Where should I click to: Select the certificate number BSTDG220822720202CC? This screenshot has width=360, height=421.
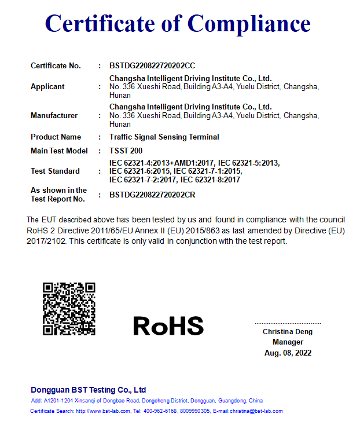click(x=152, y=66)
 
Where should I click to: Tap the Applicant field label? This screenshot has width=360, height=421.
click(x=47, y=87)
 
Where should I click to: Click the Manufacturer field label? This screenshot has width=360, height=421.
click(x=54, y=116)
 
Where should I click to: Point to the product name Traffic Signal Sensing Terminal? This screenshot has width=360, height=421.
click(x=164, y=137)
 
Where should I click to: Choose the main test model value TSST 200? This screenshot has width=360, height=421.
click(x=126, y=151)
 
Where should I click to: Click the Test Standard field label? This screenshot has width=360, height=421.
click(x=55, y=171)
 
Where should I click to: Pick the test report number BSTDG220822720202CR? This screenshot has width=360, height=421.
click(x=152, y=195)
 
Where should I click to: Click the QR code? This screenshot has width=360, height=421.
click(x=69, y=308)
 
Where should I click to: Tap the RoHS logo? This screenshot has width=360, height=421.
click(x=168, y=326)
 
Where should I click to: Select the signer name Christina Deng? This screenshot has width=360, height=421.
click(x=288, y=332)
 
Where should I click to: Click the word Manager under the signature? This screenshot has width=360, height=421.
click(x=288, y=342)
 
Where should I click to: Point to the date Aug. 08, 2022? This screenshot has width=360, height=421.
click(x=288, y=353)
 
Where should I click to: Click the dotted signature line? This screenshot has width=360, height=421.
click(x=288, y=323)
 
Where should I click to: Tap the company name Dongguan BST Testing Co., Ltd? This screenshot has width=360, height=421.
click(x=88, y=390)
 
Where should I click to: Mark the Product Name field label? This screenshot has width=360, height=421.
click(x=56, y=137)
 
